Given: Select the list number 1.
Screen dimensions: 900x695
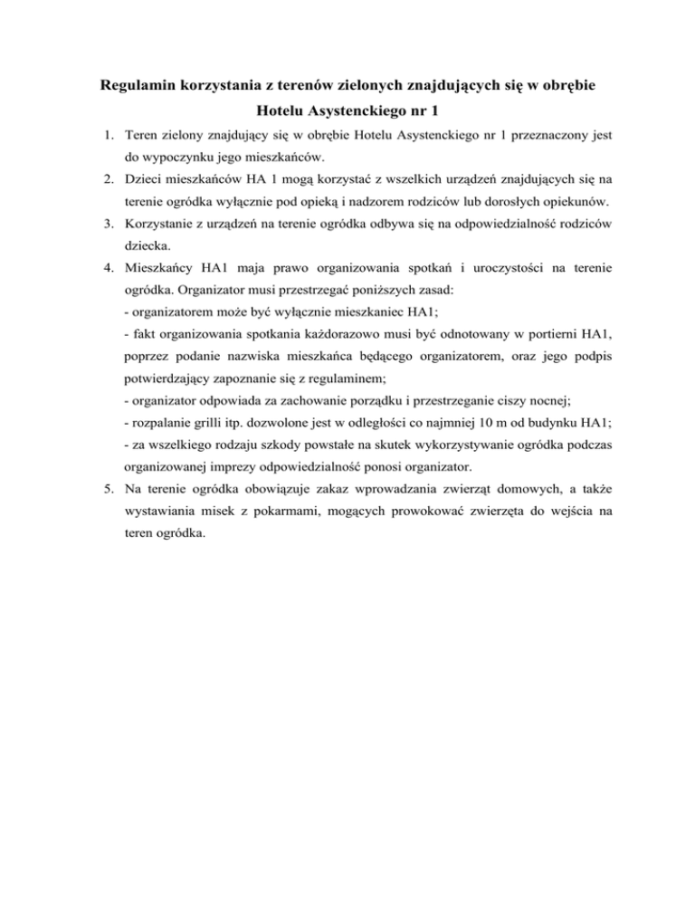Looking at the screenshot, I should (x=107, y=138).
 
